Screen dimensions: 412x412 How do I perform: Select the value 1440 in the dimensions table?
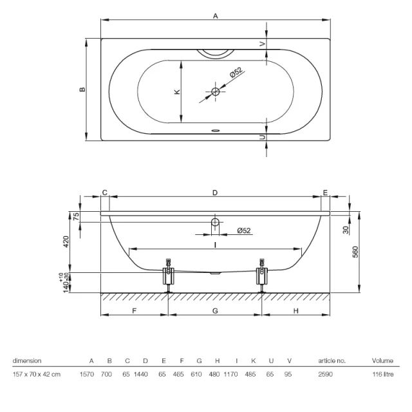coord(146,374)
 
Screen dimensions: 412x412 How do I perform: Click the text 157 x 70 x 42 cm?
coord(37,374)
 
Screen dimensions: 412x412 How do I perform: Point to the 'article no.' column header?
coord(332,361)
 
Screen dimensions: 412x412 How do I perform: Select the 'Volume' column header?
coord(382,361)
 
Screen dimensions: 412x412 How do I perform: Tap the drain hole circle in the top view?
coord(216,92)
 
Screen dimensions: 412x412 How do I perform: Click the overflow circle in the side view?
coord(216,223)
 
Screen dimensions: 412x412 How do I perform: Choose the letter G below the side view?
coord(216,310)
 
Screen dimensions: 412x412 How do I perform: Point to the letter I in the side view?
coord(216,243)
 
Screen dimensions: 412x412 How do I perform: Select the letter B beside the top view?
coord(82,89)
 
